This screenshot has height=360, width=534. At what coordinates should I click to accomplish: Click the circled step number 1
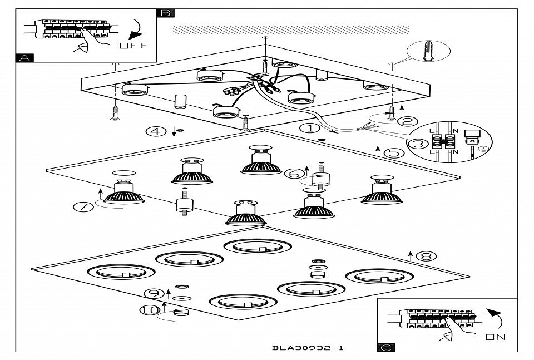point(308,129)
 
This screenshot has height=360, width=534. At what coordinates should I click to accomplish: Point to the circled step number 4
point(156,131)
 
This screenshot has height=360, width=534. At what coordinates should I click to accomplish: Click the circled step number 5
point(394,152)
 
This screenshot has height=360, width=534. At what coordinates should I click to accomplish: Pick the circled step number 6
point(293,173)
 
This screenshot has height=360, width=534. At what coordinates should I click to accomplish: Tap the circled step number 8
point(427,256)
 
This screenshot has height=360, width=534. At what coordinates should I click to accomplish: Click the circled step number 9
point(152,293)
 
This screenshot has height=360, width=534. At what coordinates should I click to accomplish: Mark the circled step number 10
point(149,310)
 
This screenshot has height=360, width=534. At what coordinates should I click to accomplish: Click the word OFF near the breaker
point(134,46)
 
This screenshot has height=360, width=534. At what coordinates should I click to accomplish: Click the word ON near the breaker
point(495,337)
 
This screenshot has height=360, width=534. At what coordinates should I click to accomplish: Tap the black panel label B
point(166,13)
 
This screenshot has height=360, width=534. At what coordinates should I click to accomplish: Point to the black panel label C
point(386,348)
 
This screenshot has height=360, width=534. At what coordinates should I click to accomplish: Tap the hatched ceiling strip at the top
point(291,29)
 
